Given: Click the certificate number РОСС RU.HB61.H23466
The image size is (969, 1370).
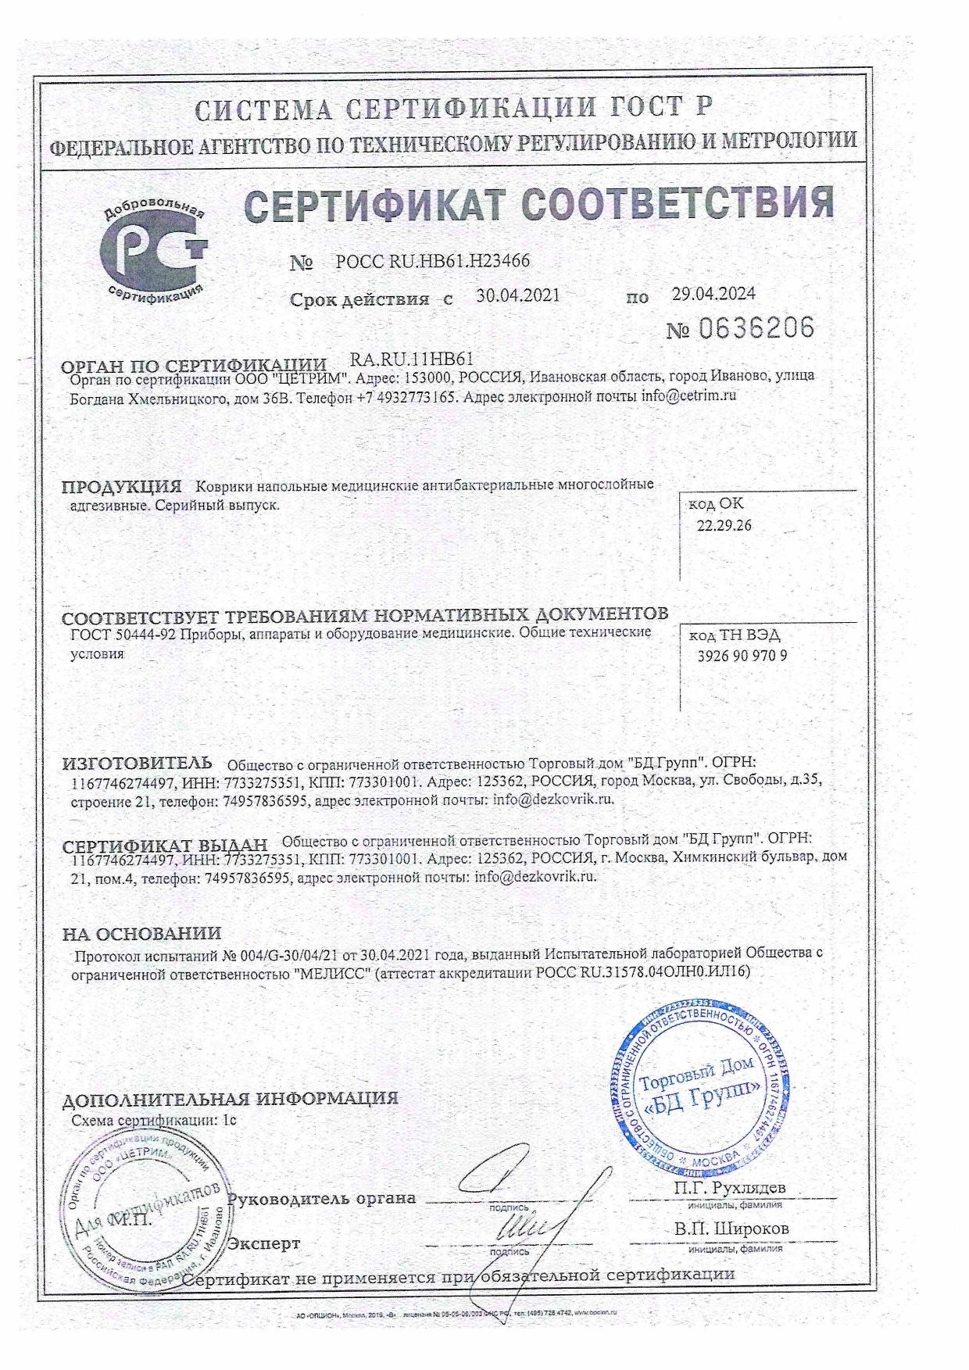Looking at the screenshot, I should point(432,261).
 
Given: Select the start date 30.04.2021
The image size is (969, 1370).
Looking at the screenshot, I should point(518,295).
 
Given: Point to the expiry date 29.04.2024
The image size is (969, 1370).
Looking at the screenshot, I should point(713,294).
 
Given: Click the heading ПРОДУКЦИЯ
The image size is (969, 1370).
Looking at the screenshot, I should point(121,486).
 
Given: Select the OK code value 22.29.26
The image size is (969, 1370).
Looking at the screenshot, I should point(724,525).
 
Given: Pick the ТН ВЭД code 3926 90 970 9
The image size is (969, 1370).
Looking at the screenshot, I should point(742,656).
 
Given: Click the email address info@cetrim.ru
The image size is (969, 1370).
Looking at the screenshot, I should point(689,395).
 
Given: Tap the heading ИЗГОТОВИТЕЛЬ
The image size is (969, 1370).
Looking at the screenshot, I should point(137,762).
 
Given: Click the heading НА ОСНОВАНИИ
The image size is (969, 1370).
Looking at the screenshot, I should point(141,933).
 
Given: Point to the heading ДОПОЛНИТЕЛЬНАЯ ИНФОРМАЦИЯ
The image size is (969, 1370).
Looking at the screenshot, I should point(230,1098).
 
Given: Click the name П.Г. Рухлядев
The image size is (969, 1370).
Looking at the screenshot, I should point(729,1187).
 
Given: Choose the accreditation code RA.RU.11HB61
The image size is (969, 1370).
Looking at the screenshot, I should point(413,359).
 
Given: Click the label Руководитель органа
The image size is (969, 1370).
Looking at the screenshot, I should point(321,1198).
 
